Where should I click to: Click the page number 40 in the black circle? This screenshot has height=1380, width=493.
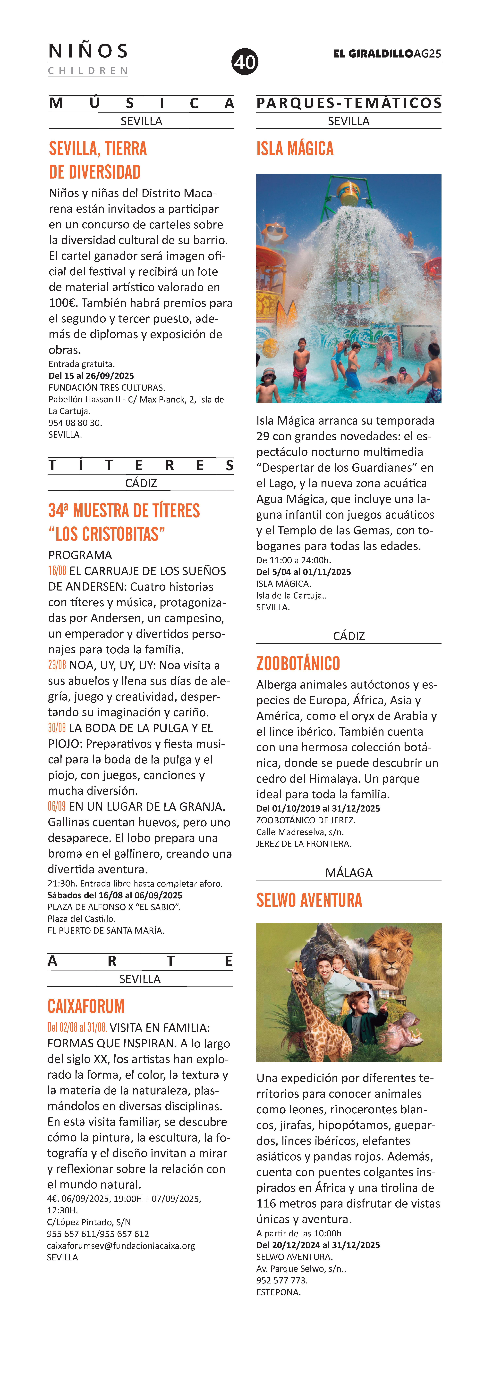click(x=245, y=62)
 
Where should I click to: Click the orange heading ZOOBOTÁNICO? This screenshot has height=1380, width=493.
click(x=298, y=664)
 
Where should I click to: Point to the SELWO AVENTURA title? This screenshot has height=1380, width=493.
click(x=309, y=900)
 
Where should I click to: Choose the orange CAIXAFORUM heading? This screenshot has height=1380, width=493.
click(x=86, y=1007)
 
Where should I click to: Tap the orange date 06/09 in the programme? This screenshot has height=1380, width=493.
click(x=57, y=807)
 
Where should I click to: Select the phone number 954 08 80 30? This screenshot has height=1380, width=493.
click(x=75, y=423)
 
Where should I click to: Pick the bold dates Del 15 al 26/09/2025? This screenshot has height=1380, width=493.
click(x=91, y=376)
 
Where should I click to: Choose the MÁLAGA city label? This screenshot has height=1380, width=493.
click(x=349, y=873)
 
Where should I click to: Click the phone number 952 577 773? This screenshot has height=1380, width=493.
click(x=281, y=1280)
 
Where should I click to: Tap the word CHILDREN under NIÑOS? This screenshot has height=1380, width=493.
click(x=88, y=71)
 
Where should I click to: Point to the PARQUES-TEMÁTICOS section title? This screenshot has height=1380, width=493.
click(x=349, y=103)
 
